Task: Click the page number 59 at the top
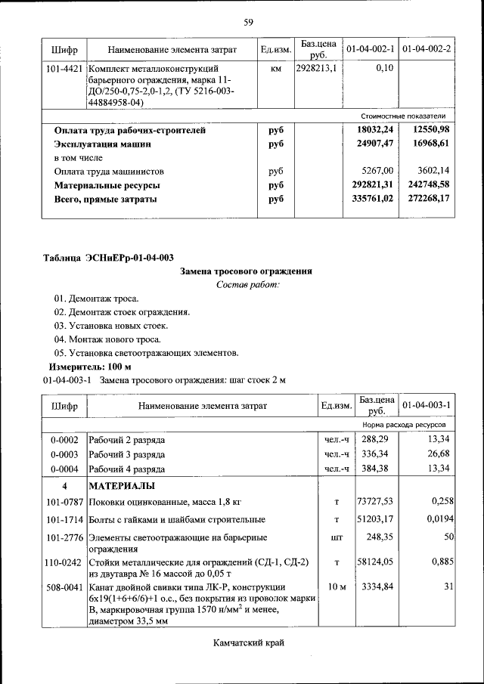[x=247, y=21]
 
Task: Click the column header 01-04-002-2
[x=427, y=49]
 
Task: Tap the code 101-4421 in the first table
[x=64, y=68]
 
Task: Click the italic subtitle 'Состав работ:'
[x=247, y=284]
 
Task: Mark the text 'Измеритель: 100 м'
[x=89, y=366]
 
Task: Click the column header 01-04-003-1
[x=427, y=405]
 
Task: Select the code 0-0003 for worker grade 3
[x=64, y=453]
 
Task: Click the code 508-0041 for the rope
[x=64, y=587]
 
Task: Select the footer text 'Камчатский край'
[x=247, y=643]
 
